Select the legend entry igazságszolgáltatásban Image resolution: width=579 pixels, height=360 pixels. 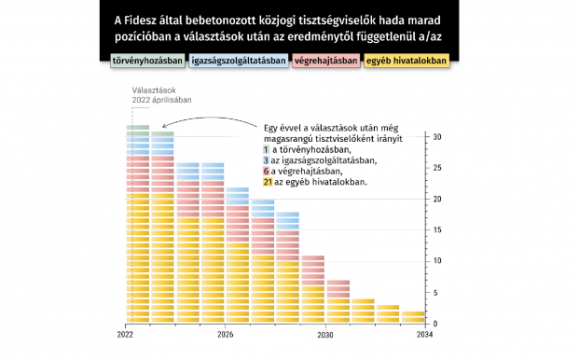[x=225, y=62]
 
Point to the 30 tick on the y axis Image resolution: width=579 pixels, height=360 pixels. [x=437, y=137]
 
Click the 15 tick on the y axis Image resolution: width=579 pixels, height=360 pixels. [x=437, y=230]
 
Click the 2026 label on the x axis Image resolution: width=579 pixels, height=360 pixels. [x=225, y=334]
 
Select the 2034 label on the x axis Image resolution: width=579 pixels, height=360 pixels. [x=425, y=334]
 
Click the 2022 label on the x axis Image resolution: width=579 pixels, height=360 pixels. [x=126, y=334]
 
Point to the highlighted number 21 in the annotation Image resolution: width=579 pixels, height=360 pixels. [x=269, y=183]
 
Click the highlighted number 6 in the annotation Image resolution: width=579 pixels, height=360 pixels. [x=267, y=172]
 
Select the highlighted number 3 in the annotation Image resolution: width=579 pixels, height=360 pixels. [x=267, y=160]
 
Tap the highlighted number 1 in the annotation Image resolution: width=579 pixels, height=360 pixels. [x=267, y=149]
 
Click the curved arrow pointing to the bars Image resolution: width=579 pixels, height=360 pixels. [x=210, y=121]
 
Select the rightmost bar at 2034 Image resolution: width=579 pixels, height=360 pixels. [x=413, y=317]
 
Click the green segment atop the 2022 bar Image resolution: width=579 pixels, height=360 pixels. [x=138, y=128]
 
